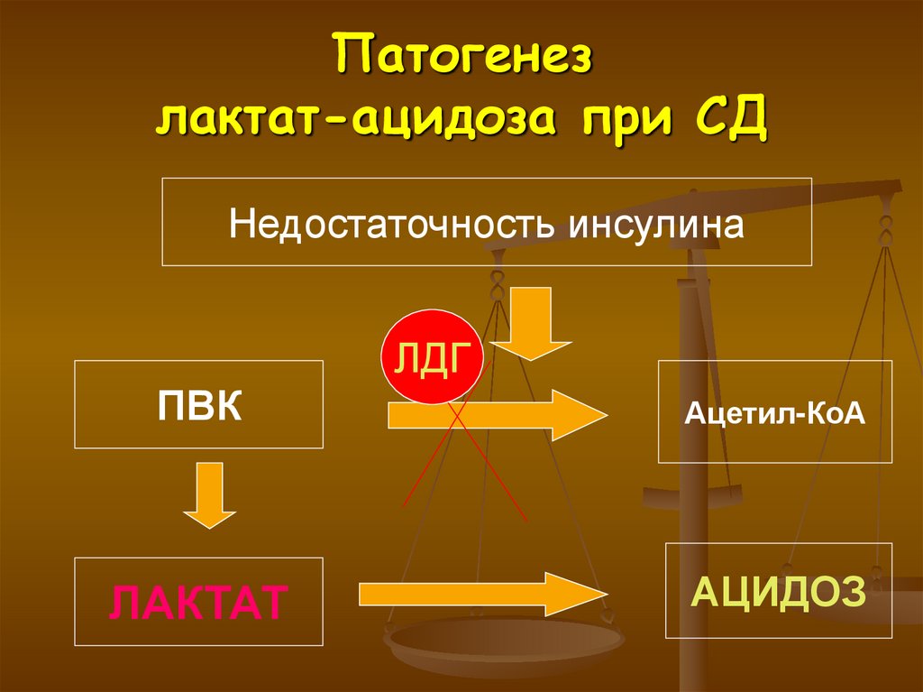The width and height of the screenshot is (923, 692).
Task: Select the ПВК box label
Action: pos(199,404)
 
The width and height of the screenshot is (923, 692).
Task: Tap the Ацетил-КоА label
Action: pos(774,414)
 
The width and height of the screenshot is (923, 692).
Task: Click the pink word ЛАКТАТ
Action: pos(199,602)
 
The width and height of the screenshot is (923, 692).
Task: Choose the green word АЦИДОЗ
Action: pos(778,591)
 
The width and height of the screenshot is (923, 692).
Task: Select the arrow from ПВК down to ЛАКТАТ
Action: pos(209,494)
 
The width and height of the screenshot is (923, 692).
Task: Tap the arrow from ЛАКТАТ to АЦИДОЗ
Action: pos(482,593)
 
